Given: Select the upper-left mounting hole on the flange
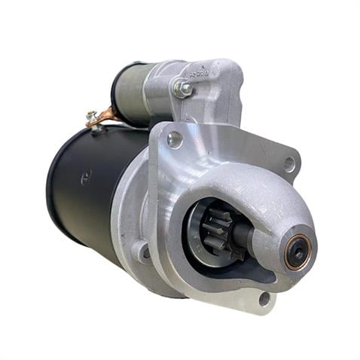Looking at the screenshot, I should click(175, 139).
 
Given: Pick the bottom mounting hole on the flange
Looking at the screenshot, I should click(264, 298).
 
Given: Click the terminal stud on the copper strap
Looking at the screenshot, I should click(92, 115).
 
